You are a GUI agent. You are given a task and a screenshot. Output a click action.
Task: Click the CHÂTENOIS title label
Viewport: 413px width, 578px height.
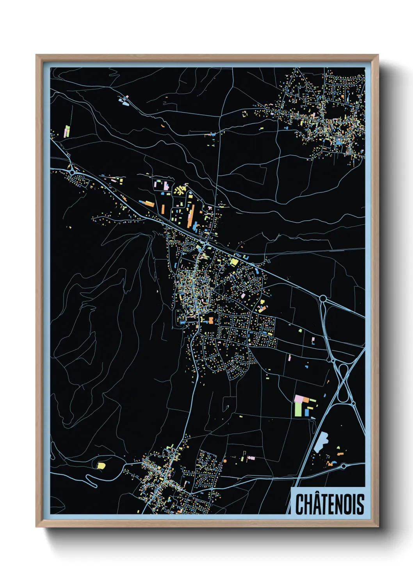tap(329, 504)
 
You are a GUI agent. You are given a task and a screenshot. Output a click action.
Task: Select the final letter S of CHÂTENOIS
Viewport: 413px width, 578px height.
tap(360, 504)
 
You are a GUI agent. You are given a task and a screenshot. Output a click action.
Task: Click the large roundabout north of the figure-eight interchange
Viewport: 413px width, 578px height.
tap(323, 299)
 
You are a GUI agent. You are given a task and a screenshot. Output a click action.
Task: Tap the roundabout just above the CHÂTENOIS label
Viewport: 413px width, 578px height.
tap(344, 466)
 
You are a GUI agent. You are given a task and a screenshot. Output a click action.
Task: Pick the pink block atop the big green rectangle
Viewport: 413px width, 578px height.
tap(300, 398)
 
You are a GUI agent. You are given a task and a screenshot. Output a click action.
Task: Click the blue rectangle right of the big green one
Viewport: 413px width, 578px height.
tap(306, 412)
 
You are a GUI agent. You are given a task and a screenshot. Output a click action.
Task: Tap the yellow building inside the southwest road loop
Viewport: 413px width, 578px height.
tap(101, 466)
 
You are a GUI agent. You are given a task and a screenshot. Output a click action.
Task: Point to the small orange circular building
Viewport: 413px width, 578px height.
tap(224, 461)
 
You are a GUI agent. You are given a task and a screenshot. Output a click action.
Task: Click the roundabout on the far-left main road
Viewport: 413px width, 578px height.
tap(72, 171)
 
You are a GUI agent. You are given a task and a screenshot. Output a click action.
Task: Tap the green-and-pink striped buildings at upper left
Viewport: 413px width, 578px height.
tap(67, 131)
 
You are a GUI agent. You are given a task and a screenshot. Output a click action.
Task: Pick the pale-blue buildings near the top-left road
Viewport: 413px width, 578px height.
tap(125, 101)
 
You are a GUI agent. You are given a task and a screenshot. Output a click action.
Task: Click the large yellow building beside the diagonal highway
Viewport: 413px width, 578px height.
tap(234, 262)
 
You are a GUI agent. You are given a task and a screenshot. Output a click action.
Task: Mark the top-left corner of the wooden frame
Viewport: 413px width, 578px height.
tap(37, 55)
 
